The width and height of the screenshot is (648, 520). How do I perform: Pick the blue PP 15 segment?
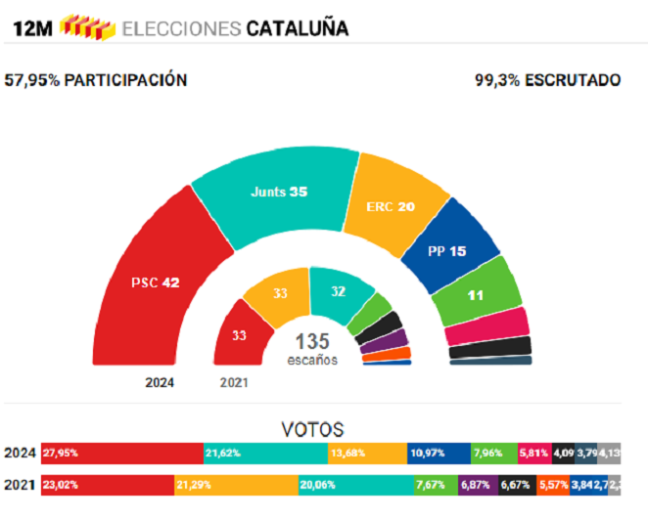(x=446, y=250)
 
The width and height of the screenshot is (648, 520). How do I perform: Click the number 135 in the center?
(x=312, y=342)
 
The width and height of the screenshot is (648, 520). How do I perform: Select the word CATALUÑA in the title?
(x=297, y=28)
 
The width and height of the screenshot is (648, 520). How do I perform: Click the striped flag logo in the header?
(x=87, y=27)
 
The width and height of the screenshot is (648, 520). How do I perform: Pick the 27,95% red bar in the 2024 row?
(x=121, y=454)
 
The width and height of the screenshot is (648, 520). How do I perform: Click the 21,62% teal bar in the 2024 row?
(x=265, y=454)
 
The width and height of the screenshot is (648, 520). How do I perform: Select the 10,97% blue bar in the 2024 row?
(x=439, y=454)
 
